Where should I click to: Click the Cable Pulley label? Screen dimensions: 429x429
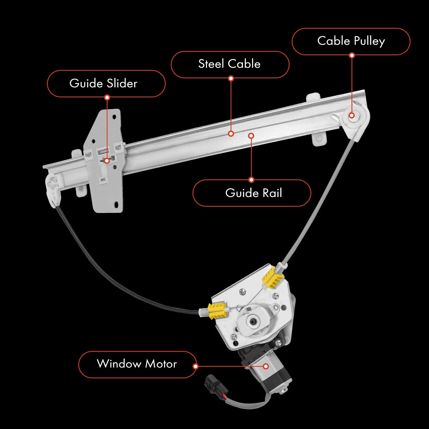(x=351, y=41)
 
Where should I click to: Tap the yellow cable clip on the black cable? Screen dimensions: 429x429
(x=217, y=311)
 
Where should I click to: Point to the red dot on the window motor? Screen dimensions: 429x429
(x=266, y=366)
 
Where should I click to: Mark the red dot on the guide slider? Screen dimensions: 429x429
(x=107, y=161)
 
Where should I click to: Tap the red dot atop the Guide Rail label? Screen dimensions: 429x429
(x=251, y=180)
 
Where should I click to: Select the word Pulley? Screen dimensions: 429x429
(x=369, y=41)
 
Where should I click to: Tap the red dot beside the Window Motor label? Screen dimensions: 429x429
(x=196, y=366)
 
